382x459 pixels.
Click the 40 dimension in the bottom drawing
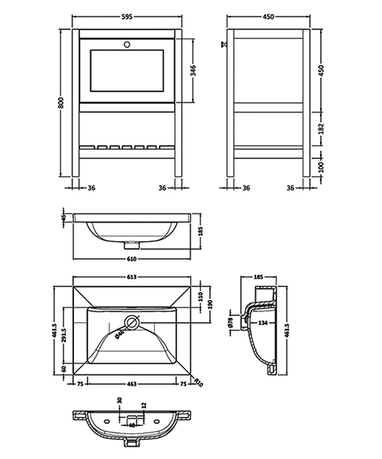pos(131,425)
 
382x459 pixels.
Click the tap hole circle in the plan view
pos(131,324)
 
